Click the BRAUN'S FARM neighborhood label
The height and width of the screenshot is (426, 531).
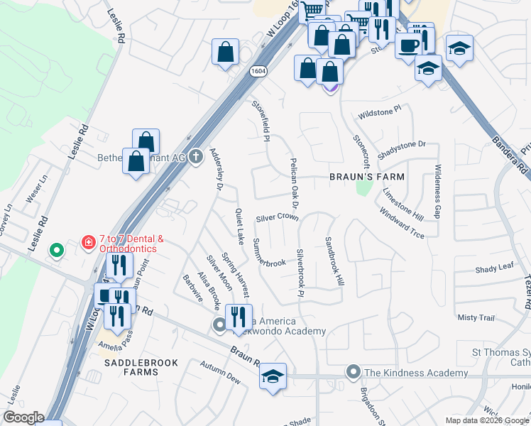coord(366,176)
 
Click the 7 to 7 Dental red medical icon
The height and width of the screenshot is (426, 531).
coord(89,243)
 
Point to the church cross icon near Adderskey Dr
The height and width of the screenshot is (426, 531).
coord(197,157)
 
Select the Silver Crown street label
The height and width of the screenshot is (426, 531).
coord(277,217)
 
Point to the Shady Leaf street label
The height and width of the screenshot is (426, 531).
coord(494,269)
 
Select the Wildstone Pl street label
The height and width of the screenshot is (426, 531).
coord(380,112)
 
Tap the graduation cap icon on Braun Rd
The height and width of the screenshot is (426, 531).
coord(273,377)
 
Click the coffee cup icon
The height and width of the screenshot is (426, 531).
coord(408,44)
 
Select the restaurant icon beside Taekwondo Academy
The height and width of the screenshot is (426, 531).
coord(239,316)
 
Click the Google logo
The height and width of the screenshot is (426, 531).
coord(23,417)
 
